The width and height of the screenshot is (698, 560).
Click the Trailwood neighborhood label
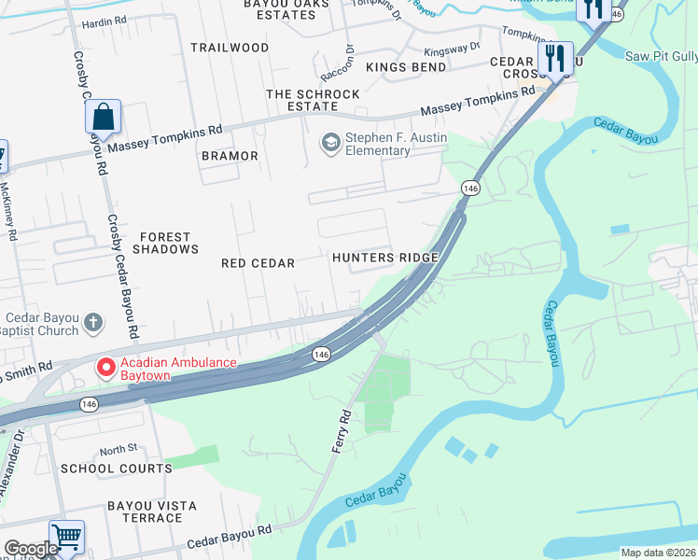230,48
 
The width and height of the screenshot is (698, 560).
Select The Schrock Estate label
313,101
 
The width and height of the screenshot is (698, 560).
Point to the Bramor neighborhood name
230,156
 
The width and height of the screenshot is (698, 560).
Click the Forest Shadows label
166,244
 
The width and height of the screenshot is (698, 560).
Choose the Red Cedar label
258,264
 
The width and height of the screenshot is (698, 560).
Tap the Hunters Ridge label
385,258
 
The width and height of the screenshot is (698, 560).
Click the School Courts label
116,469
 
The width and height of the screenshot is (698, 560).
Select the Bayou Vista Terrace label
151,511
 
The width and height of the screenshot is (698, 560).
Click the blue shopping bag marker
103,118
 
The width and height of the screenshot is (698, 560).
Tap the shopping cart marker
66,537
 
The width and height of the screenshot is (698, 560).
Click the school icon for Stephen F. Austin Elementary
329,143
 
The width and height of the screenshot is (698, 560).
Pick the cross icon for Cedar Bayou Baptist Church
92,323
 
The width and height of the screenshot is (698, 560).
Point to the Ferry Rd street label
342,430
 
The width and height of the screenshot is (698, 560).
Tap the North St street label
119,449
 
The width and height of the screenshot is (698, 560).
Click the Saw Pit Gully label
661,56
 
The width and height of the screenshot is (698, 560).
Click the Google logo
31,549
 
